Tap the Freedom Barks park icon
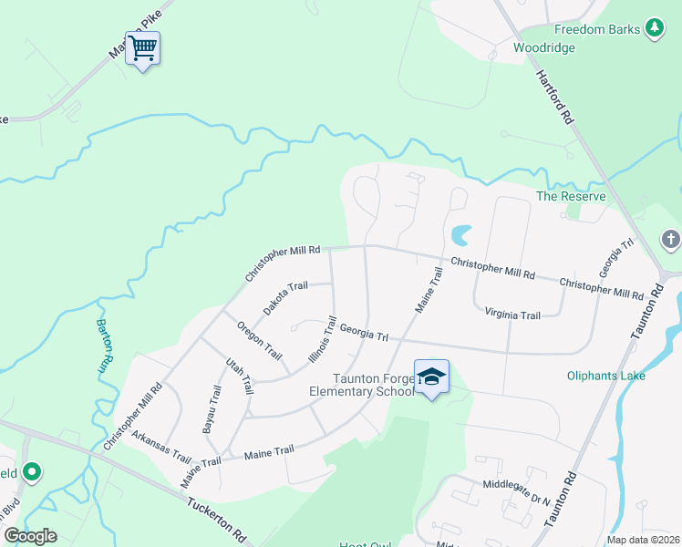click(654, 29)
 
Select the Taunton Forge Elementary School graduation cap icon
click(431, 377)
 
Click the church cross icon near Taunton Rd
click(670, 241)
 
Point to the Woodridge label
click(543, 47)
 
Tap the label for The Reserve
click(571, 196)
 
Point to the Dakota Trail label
click(285, 298)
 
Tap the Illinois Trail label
click(323, 339)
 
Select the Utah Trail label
click(239, 376)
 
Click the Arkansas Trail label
click(160, 447)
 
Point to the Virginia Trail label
click(512, 315)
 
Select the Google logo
click(30, 536)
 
